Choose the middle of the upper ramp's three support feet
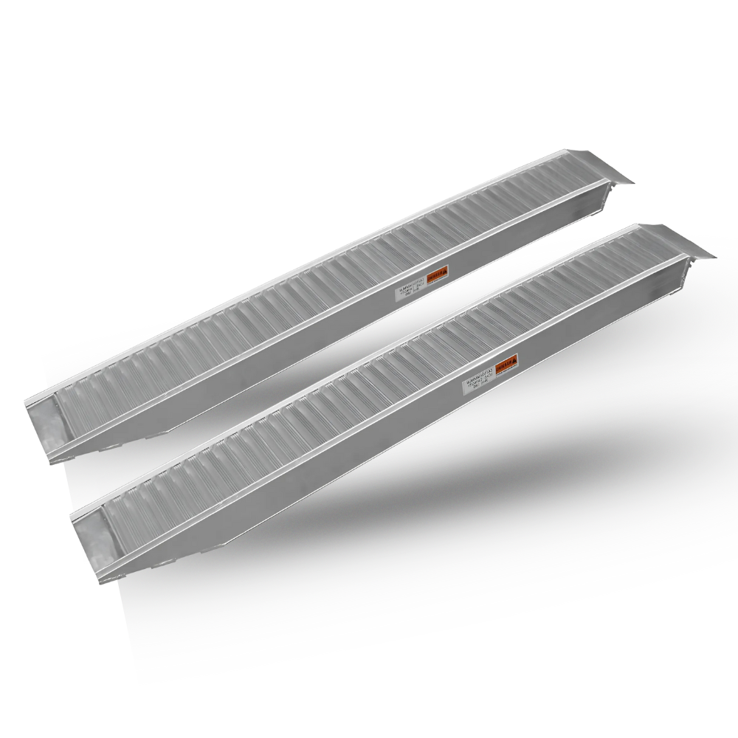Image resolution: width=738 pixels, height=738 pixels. pos(111,447)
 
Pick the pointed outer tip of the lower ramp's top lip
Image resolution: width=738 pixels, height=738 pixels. pos(715,255)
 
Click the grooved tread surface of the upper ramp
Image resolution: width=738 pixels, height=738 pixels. pos(295,310)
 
